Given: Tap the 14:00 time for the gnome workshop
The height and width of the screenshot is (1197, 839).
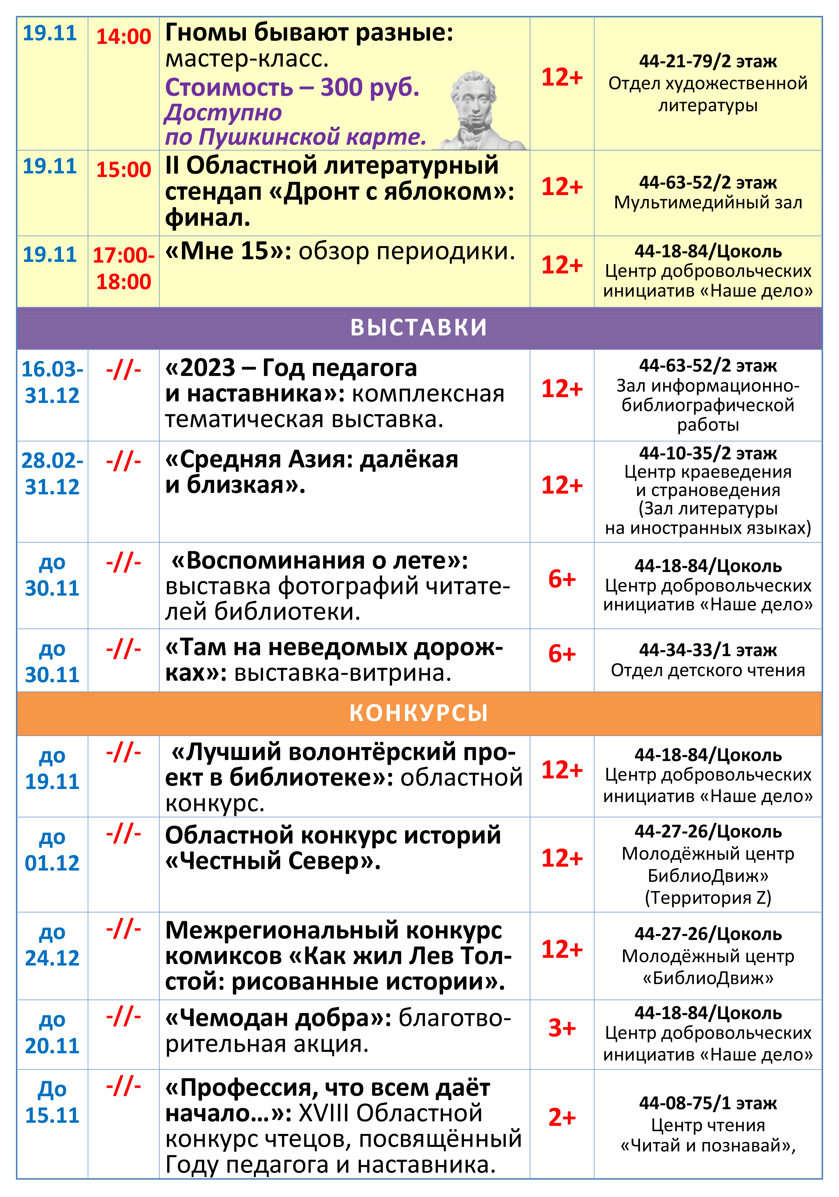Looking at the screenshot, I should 124,36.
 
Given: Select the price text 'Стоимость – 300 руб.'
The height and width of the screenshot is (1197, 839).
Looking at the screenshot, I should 292,87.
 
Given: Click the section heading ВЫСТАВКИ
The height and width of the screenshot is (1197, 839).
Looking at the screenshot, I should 419,327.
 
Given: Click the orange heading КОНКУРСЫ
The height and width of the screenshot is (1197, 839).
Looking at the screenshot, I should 419,713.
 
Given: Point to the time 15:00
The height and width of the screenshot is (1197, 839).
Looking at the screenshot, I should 124,170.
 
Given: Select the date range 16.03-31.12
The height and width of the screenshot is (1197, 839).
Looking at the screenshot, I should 52,382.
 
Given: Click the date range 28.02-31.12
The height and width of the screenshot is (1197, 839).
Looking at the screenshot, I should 52,473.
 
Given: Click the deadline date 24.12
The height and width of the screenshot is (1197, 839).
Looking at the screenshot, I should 52,958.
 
